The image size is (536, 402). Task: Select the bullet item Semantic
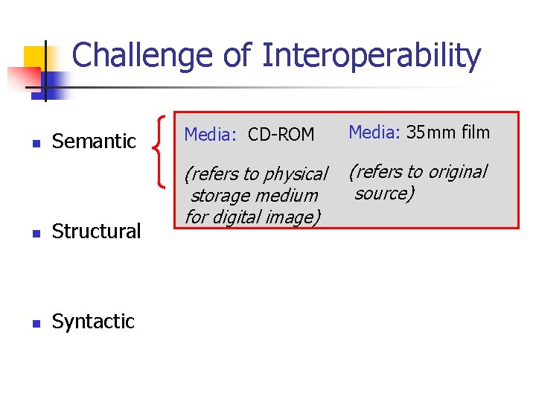point(94,141)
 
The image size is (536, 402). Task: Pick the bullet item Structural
point(96,232)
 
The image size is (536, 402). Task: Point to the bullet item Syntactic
point(93,322)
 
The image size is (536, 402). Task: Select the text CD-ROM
point(281,135)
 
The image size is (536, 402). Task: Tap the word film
point(475,133)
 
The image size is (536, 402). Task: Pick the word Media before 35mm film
point(374,133)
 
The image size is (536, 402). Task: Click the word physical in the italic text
point(296,175)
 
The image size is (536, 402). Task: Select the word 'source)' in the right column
point(384,194)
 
